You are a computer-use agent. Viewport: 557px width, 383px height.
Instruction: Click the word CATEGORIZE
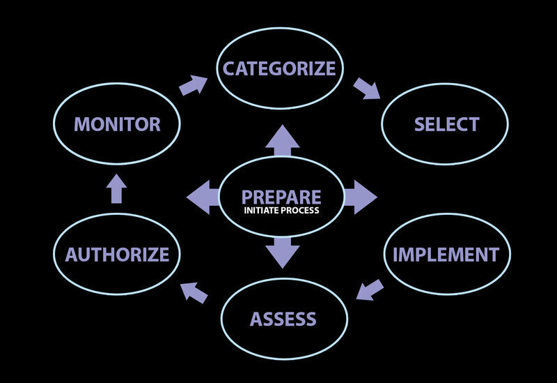[279, 68]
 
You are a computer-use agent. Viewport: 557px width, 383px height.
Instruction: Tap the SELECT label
[446, 125]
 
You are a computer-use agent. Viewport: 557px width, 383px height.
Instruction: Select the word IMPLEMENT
[446, 254]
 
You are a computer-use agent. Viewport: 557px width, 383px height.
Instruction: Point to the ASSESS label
[283, 320]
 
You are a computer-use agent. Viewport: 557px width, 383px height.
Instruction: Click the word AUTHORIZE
[117, 254]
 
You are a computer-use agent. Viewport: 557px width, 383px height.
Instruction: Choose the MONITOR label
[117, 125]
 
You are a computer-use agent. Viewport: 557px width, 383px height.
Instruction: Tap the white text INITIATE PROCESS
[281, 210]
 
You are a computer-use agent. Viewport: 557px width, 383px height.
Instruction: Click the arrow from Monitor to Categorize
[192, 85]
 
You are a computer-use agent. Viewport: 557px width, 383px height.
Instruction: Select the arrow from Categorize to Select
[366, 89]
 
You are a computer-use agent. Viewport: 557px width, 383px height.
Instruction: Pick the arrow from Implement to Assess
[369, 288]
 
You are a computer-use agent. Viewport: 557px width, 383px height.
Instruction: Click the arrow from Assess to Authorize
[194, 292]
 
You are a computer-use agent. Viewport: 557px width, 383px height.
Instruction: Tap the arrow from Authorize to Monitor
[116, 188]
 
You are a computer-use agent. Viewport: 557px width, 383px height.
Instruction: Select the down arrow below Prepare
[282, 252]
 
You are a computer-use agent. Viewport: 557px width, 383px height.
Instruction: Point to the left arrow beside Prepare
[203, 196]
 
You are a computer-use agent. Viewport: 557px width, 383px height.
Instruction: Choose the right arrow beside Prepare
[360, 196]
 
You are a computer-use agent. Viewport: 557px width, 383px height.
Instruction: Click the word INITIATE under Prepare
[260, 210]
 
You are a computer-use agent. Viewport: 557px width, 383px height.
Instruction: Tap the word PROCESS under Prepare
[300, 210]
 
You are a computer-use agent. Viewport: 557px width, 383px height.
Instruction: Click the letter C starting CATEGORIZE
[228, 68]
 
